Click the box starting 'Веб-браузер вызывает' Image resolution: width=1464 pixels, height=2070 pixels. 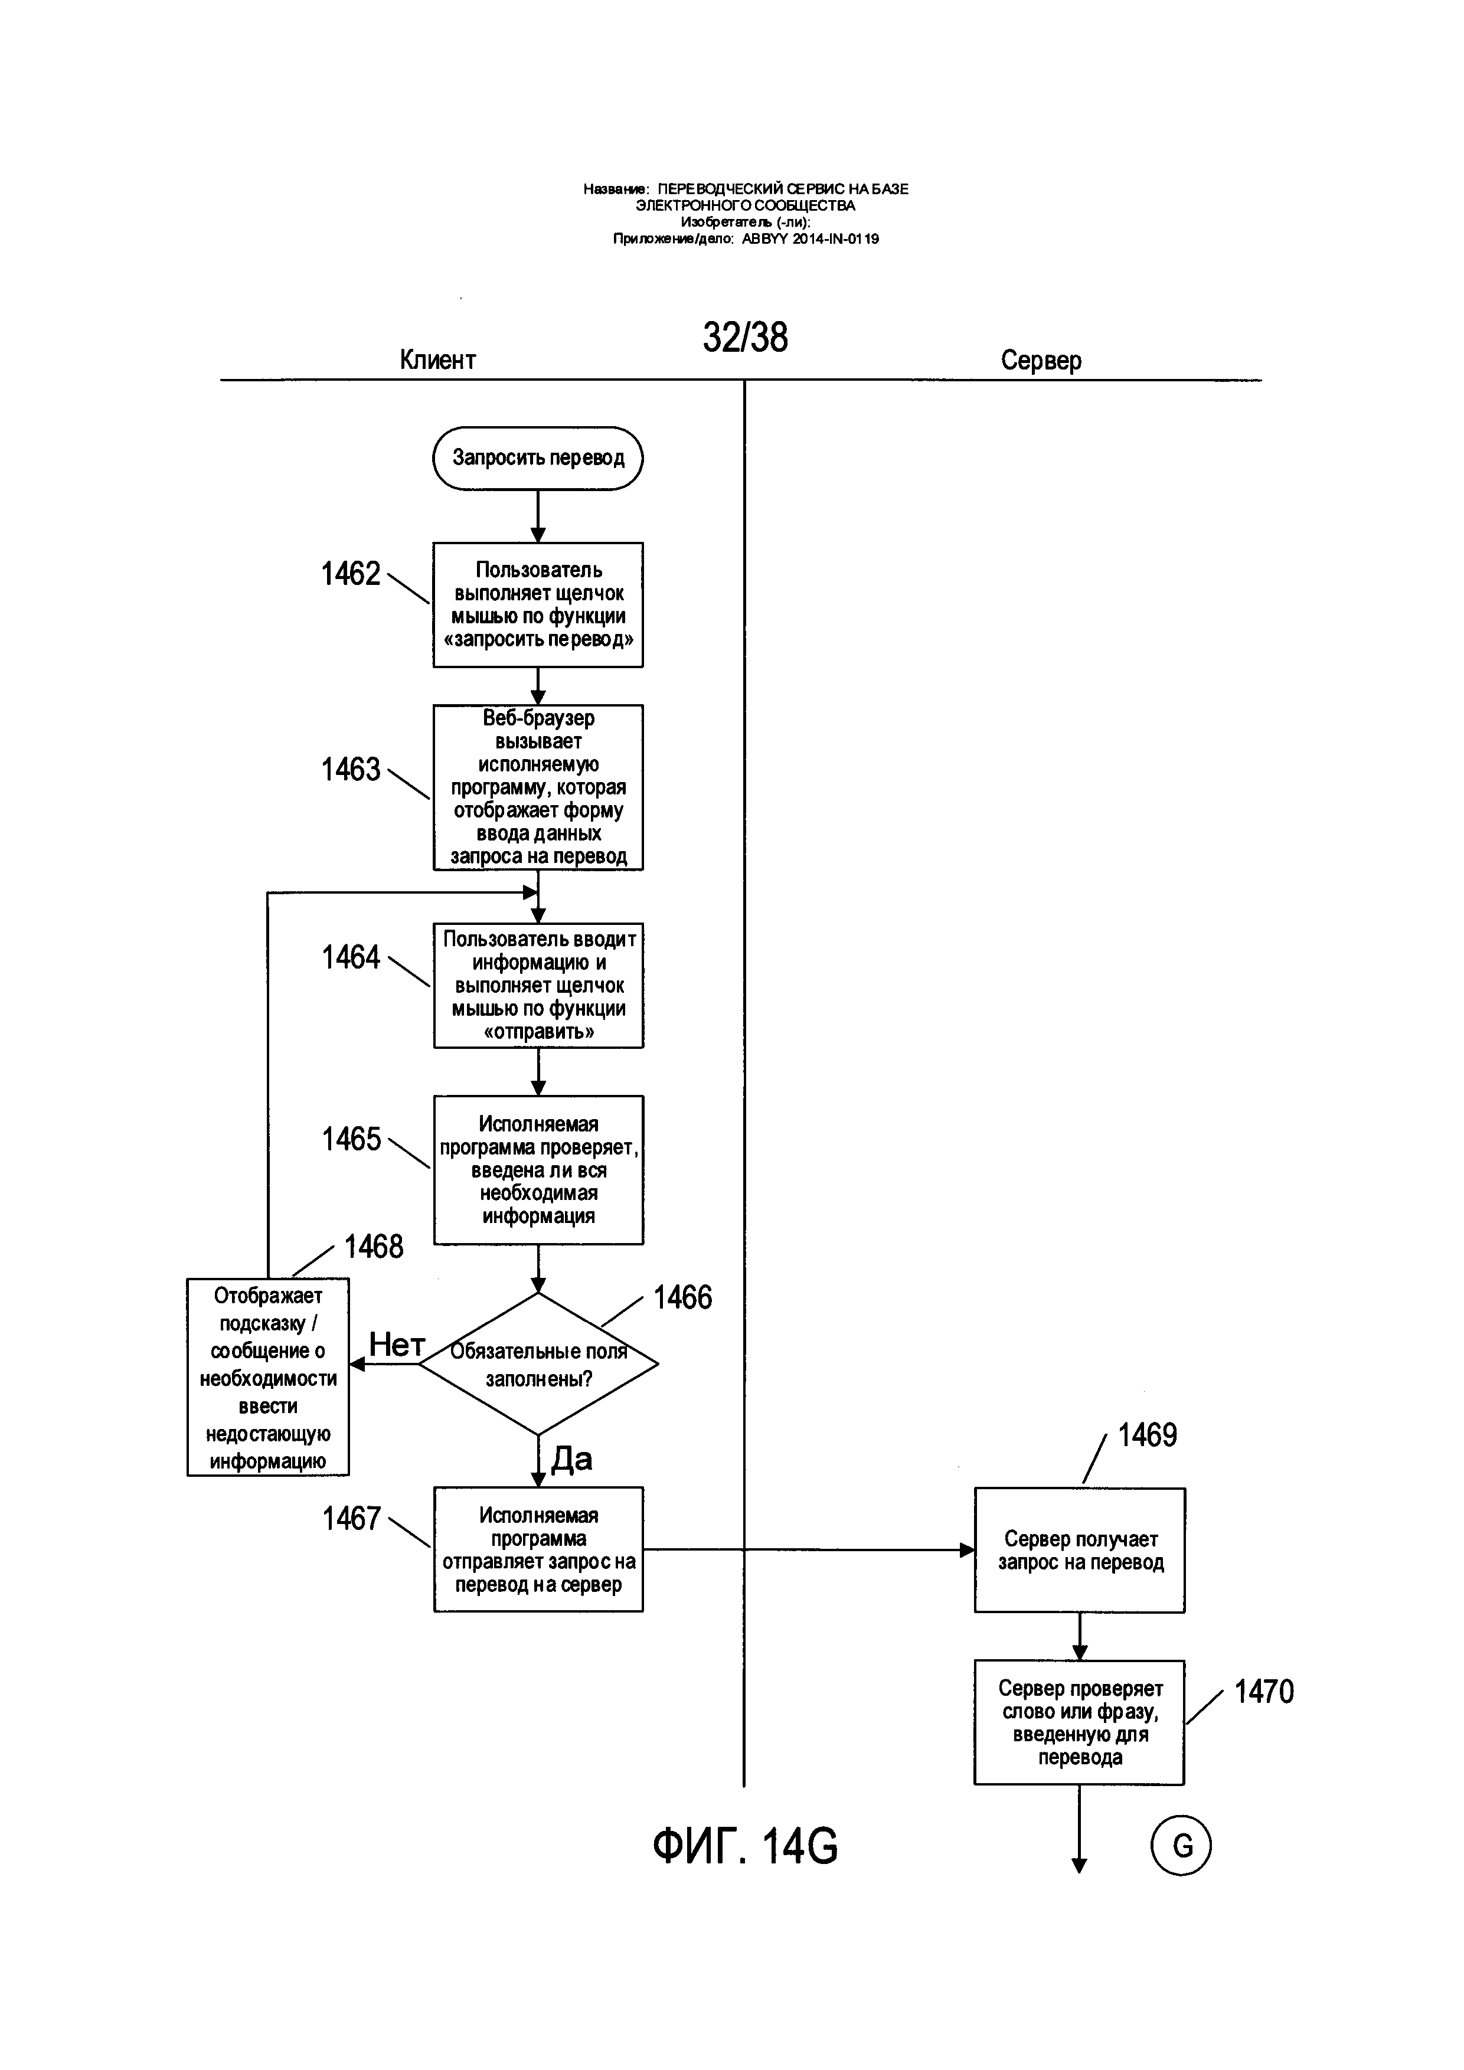538,787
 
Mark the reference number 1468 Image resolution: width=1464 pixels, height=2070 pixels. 374,1246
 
